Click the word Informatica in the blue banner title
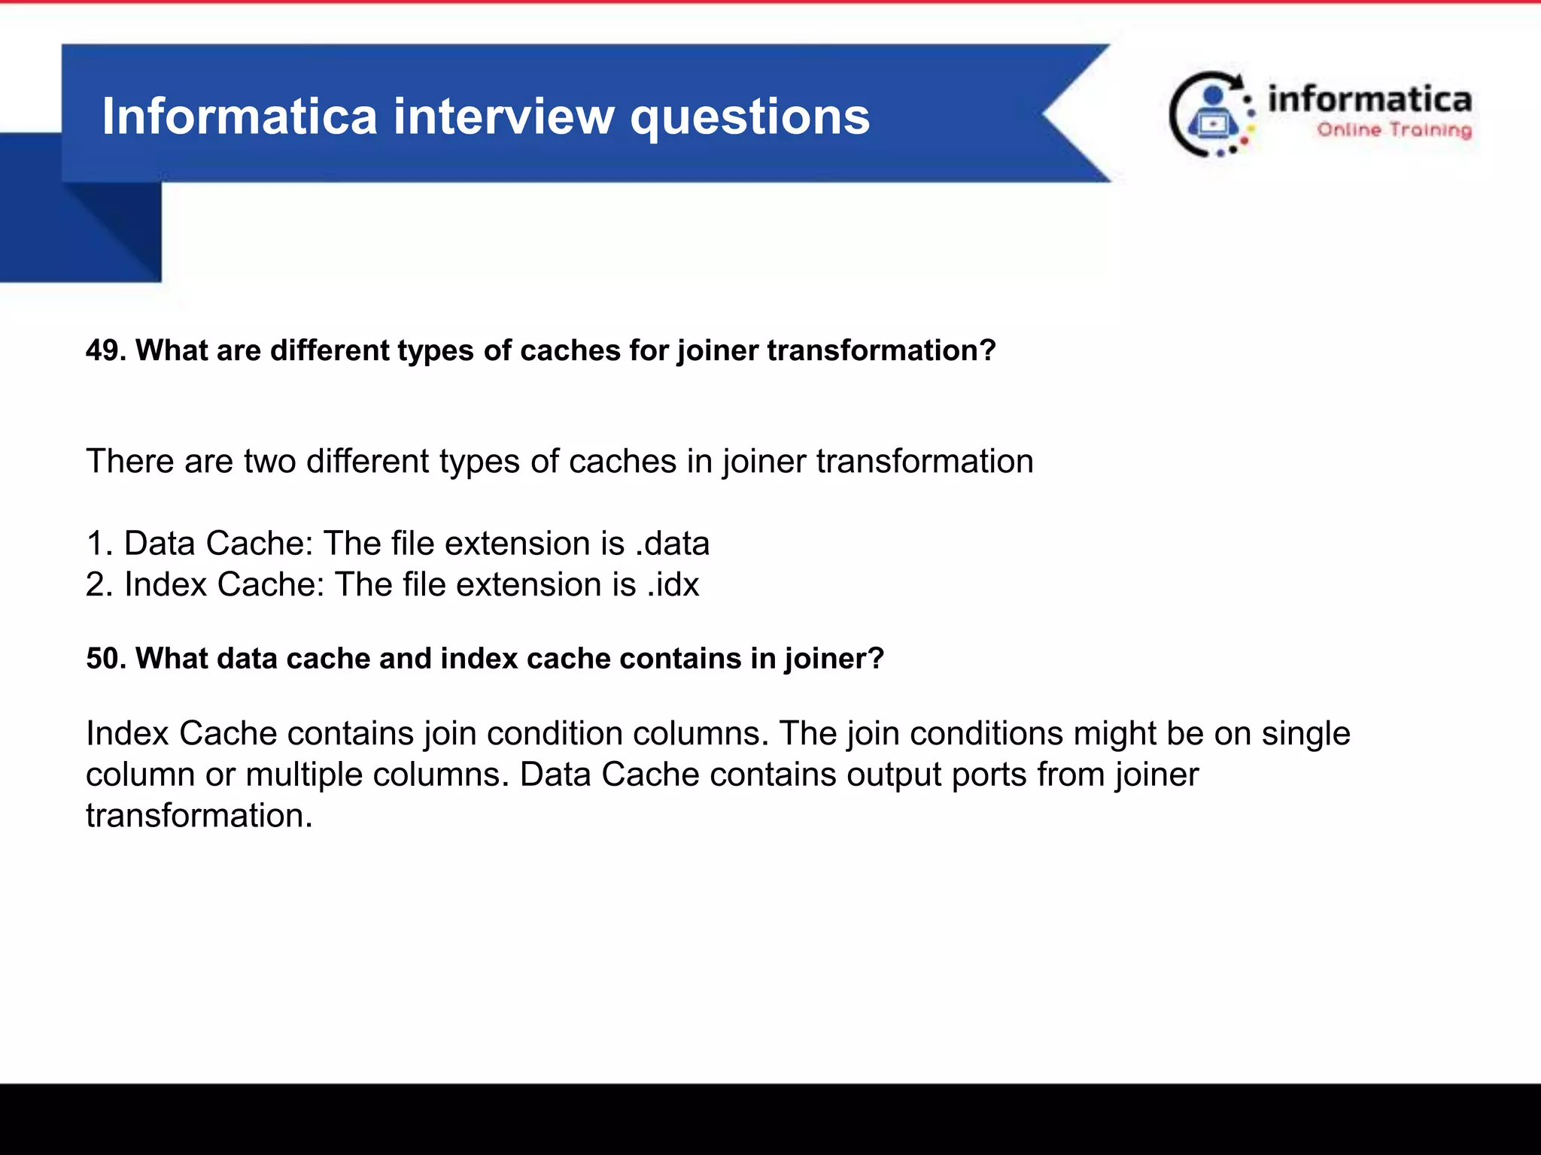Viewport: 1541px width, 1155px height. tap(239, 117)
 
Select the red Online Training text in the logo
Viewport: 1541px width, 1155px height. tap(1394, 130)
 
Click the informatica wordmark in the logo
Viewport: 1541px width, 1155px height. tap(1369, 99)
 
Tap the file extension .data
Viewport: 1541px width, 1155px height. tap(672, 544)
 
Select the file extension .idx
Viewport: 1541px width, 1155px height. tap(673, 585)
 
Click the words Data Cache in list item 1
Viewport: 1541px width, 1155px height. tap(217, 544)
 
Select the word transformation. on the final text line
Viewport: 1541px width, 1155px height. tap(199, 816)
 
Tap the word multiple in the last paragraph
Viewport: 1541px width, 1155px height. tap(304, 775)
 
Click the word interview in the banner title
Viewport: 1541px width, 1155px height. tap(503, 117)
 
